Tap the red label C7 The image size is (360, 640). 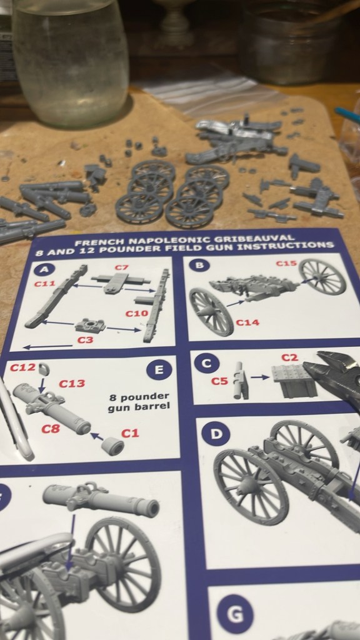point(121,267)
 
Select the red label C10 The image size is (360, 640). point(135,314)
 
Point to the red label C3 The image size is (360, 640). point(85,339)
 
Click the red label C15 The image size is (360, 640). point(286,263)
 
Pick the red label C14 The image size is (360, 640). point(247,322)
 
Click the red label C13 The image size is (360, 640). point(72,383)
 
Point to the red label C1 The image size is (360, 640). point(130,433)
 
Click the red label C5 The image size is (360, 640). point(219,381)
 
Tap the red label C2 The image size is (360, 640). point(289,357)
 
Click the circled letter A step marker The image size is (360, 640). point(42,270)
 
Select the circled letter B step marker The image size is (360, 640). point(199,265)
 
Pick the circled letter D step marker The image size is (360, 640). point(216,434)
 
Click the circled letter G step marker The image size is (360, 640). point(235,614)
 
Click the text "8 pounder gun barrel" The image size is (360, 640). point(139,402)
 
